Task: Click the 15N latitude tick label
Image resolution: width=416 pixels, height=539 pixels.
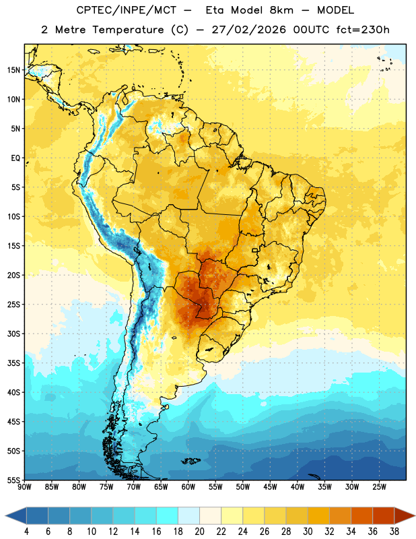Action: point(13,70)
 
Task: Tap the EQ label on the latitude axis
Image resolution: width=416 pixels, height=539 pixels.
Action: point(15,158)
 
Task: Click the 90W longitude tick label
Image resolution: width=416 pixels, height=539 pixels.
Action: point(24,487)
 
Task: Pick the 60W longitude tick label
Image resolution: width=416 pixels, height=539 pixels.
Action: point(188,487)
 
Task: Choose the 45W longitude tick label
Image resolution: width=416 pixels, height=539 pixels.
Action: point(270,487)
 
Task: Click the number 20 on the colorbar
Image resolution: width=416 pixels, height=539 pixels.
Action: point(199,532)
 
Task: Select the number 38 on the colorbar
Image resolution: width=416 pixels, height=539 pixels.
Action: point(394,532)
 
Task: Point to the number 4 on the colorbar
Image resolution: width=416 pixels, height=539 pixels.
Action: point(26,532)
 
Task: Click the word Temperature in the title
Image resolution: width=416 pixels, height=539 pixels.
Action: point(128,30)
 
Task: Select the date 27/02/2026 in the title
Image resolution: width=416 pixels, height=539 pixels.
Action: point(248,30)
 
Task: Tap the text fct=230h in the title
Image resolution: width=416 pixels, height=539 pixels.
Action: point(363,30)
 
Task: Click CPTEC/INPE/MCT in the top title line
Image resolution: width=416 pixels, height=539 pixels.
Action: point(126,10)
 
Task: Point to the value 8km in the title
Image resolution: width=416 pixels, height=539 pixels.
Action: point(281,10)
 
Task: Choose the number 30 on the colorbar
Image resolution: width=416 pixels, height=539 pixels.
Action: point(308,532)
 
